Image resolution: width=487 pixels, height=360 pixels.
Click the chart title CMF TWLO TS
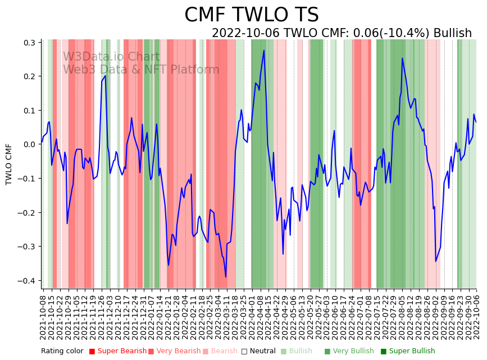[x=251, y=15]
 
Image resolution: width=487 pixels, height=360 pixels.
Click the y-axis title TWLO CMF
[x=9, y=164]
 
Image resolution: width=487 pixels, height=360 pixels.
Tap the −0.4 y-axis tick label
[x=26, y=281]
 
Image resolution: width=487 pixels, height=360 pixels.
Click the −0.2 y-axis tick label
[x=26, y=213]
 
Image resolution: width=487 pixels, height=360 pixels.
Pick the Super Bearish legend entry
[x=115, y=351]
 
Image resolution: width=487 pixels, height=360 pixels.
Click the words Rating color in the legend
[x=62, y=351]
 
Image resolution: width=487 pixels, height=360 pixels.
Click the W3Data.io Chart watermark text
[x=111, y=57]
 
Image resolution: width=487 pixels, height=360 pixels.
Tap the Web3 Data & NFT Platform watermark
[x=141, y=70]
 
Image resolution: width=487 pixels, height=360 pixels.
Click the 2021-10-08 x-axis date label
[x=44, y=317]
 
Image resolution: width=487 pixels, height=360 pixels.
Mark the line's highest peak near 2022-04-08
[x=264, y=51]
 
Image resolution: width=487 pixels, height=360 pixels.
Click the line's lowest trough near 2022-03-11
[x=226, y=277]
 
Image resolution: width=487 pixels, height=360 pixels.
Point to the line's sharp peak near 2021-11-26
[x=105, y=76]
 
